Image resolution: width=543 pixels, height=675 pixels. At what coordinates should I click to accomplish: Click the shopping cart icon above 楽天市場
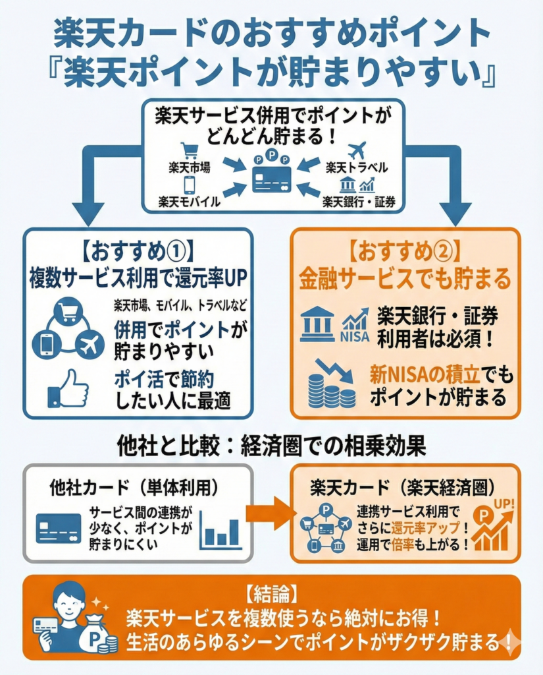click(190, 151)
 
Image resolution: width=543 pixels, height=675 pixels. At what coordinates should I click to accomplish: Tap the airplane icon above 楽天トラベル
click(356, 150)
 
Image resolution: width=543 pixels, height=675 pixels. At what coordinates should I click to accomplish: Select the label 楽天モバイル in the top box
click(190, 201)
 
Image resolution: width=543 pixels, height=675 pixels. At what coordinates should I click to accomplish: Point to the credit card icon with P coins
click(272, 173)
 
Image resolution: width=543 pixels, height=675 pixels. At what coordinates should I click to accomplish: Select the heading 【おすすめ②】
click(405, 251)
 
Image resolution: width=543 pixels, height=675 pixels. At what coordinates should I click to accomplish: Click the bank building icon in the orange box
click(317, 323)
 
